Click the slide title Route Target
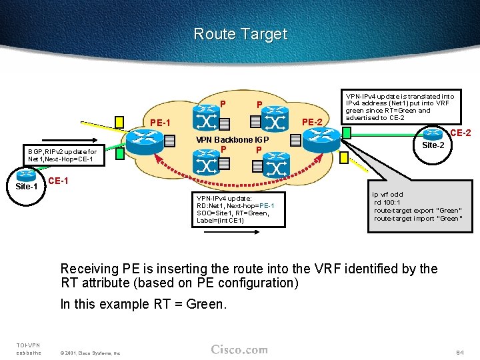(240, 34)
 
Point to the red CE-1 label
(58, 181)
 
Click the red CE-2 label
(461, 133)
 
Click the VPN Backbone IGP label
(231, 140)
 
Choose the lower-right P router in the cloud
(275, 163)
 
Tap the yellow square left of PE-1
(119, 121)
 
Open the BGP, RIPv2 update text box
(61, 155)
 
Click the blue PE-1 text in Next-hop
(266, 205)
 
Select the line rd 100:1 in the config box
(387, 203)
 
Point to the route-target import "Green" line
(417, 219)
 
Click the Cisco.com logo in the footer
(239, 349)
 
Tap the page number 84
(459, 351)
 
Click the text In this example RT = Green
(143, 304)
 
